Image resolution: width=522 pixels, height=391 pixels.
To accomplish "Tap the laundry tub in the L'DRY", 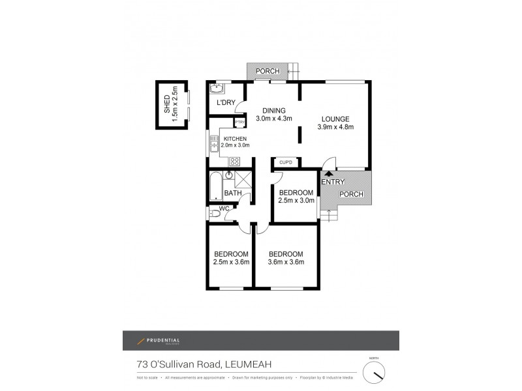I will coord(217,89).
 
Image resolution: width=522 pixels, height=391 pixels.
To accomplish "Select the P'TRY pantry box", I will coord(239,123).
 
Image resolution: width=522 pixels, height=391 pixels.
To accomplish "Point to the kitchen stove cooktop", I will coord(234,161).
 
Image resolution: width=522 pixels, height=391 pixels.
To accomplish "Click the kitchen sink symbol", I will coord(213,144).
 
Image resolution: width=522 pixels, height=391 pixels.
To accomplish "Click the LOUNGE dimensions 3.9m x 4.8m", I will coord(335,128).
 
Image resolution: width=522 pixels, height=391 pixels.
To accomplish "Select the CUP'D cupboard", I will coord(286,162).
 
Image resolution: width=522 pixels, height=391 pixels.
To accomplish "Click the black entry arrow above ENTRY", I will coord(328,173).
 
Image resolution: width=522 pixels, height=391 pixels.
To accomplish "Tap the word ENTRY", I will coord(333,182).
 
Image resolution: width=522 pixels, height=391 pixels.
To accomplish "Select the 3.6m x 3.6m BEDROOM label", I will coord(286,258).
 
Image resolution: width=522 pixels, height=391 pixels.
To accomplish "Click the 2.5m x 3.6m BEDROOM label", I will coord(231,258).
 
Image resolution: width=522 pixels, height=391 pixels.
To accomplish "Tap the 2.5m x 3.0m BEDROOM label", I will coord(296,196).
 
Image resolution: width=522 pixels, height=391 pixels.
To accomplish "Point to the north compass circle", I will coord(374,373).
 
